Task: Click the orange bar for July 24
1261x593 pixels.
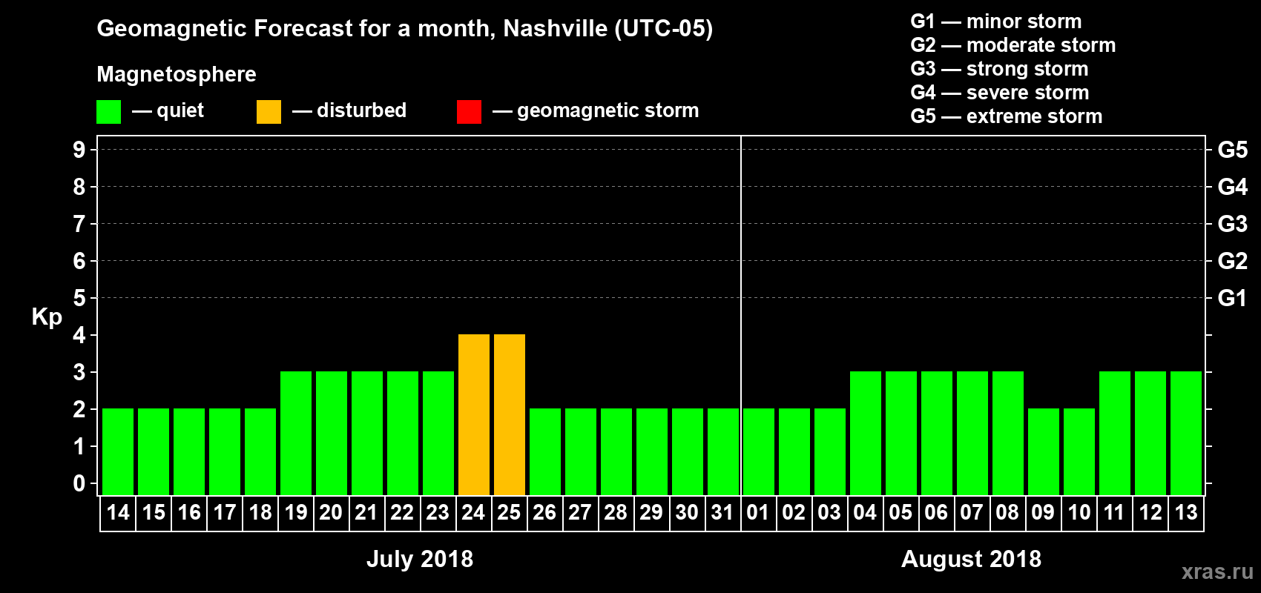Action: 474,414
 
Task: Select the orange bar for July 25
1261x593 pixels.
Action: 510,414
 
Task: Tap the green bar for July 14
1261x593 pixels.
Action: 118,451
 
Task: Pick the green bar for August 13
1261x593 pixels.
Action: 1186,433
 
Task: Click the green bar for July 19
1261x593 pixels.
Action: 296,433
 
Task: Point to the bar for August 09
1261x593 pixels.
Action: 1044,451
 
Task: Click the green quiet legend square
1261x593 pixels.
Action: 108,112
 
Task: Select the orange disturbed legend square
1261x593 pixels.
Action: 269,112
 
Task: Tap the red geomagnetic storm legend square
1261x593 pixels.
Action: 469,112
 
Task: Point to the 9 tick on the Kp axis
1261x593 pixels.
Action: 79,150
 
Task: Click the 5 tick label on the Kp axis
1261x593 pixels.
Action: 79,298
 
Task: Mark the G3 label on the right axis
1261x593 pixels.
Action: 1232,224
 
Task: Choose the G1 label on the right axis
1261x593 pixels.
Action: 1232,298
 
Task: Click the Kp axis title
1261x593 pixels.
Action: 47,317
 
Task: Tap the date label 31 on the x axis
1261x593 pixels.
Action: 722,512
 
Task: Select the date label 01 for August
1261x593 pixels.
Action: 758,512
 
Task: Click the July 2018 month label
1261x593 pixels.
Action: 420,559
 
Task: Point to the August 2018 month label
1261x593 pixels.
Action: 971,559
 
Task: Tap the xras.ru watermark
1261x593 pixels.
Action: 1217,572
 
